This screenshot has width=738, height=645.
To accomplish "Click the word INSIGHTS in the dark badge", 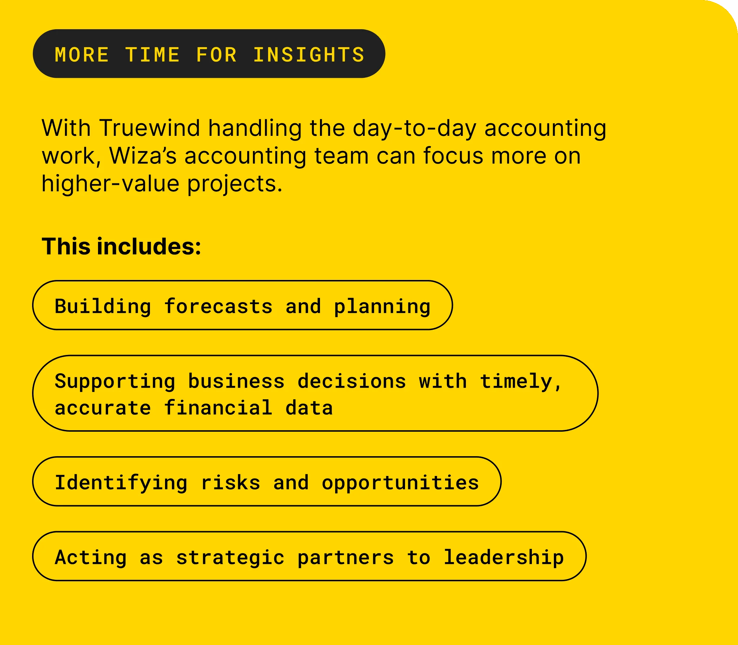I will [x=309, y=55].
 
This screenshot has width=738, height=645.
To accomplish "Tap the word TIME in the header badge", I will [x=152, y=55].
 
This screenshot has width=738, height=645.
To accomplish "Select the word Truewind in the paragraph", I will [x=150, y=128].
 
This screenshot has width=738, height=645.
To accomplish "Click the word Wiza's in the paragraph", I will [x=143, y=156].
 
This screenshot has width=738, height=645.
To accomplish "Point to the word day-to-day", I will [x=414, y=129].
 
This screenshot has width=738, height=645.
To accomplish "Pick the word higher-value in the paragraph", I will [x=110, y=184].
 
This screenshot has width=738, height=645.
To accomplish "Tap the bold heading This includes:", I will [x=121, y=246].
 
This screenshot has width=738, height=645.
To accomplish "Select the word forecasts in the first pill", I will [x=218, y=306].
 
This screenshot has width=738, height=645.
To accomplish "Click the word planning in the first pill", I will [x=382, y=307].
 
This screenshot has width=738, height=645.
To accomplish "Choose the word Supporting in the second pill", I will [x=115, y=382].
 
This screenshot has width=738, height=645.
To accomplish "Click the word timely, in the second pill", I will [x=521, y=382].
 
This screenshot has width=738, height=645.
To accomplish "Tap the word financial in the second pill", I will [x=218, y=408].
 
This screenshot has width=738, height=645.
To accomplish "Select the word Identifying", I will [x=121, y=483].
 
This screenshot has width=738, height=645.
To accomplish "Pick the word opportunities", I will [x=400, y=483].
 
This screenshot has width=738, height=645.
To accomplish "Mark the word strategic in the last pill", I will [x=231, y=558].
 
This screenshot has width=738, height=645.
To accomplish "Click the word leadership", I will [x=503, y=558].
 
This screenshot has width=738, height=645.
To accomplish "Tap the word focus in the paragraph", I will [x=453, y=156].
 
